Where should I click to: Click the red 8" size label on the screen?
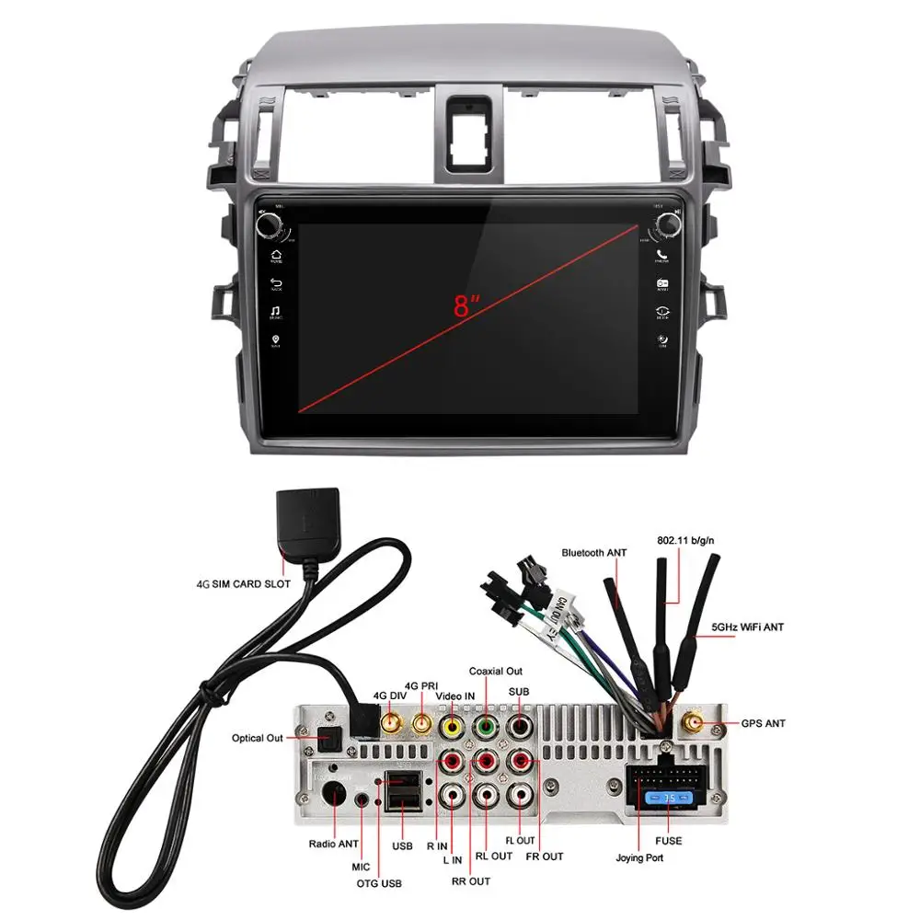pos(466,306)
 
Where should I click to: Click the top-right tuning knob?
pos(664,224)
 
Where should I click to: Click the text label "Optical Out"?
pos(258,738)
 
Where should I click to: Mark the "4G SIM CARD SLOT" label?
pos(244,583)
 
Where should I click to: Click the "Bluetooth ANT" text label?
pos(594,552)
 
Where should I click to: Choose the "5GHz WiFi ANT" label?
pos(747,627)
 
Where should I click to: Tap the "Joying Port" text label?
pos(639,858)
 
